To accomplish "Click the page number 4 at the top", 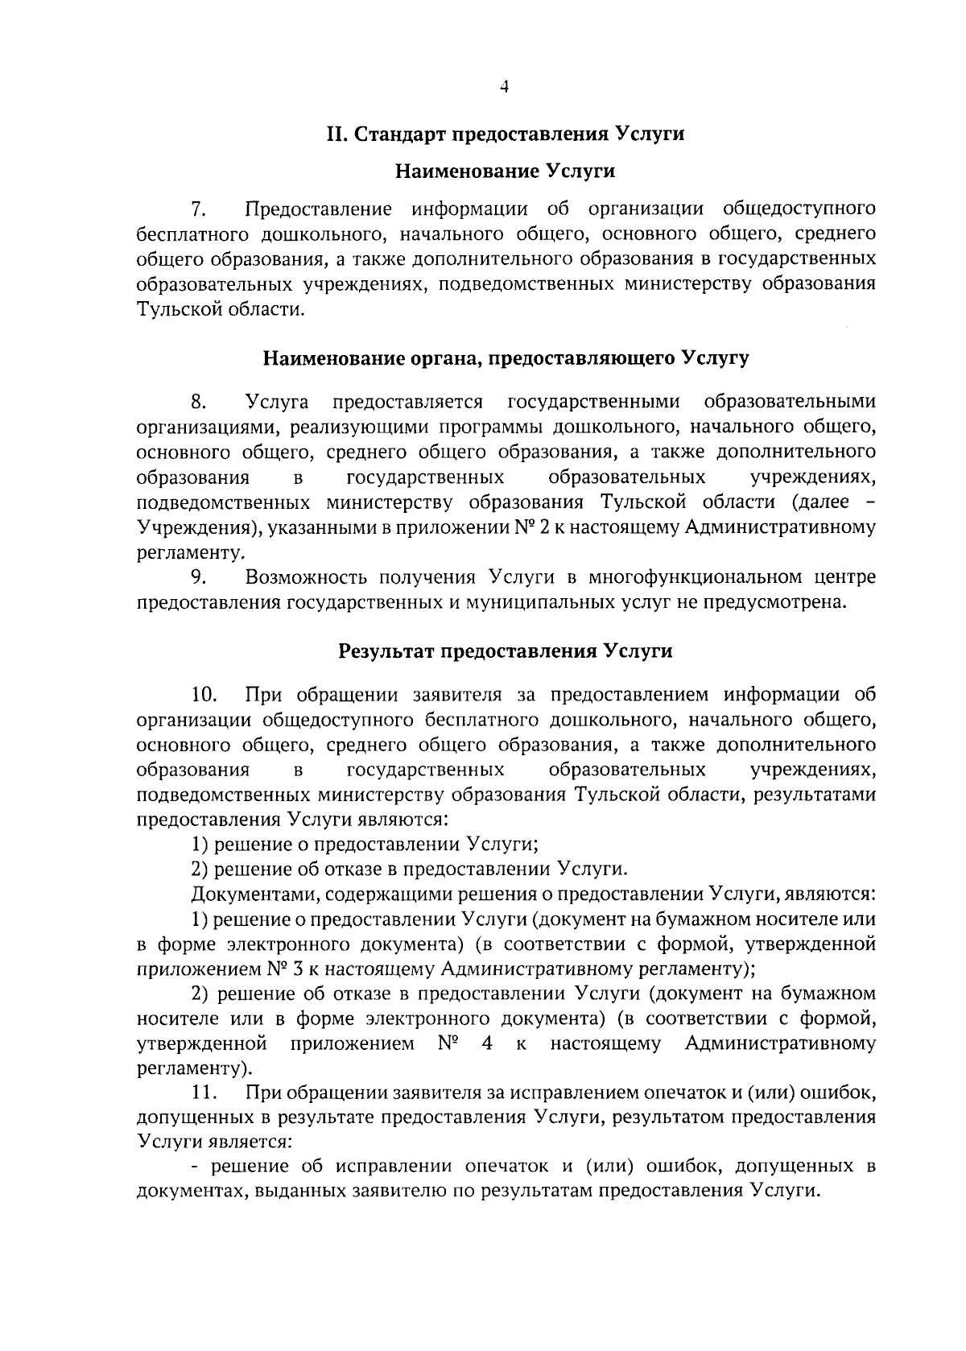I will [505, 88].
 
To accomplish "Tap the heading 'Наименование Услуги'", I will [505, 171].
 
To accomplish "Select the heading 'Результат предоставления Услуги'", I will [505, 651].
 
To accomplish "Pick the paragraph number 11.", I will [204, 1093].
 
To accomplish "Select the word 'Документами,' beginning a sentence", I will [246, 894].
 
